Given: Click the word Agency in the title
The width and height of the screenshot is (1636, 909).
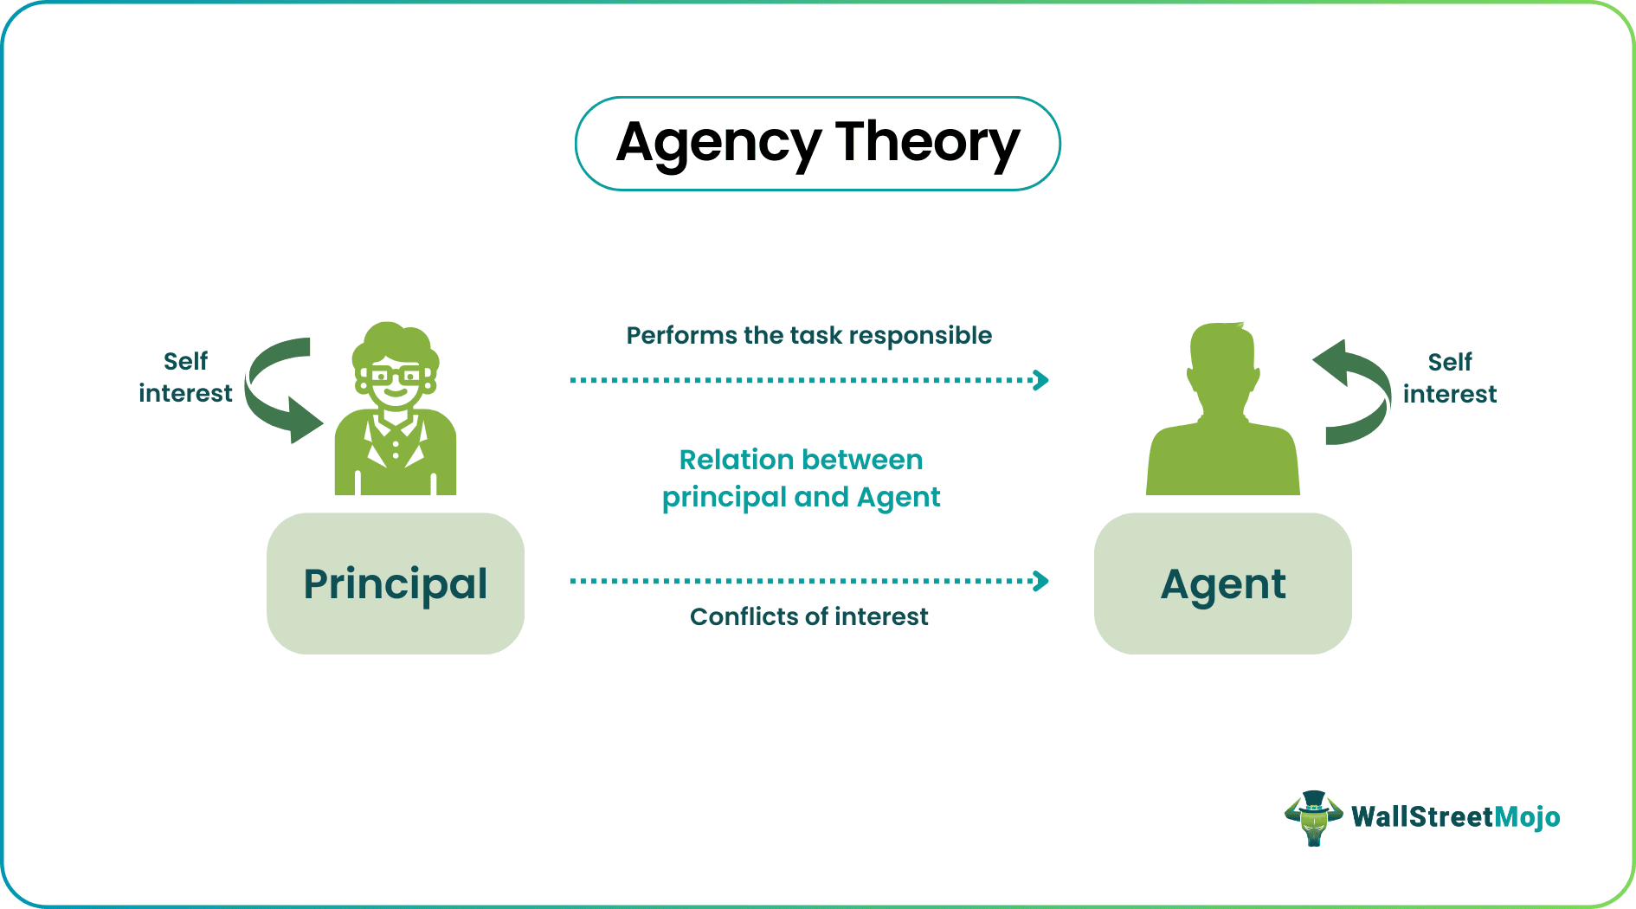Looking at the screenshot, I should point(718,143).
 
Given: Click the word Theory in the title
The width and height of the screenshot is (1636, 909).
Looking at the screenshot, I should point(927,143).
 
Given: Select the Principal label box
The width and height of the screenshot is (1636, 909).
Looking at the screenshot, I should point(396,583).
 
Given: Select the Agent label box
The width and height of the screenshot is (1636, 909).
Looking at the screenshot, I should point(1222,583).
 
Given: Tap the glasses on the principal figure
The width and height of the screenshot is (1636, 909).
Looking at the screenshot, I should point(395,377).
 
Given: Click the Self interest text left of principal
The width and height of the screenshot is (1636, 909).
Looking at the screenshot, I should point(185,377).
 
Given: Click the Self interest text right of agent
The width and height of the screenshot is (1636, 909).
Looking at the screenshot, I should point(1449,378).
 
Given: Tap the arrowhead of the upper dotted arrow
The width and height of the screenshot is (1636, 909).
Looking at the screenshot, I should point(1042,380).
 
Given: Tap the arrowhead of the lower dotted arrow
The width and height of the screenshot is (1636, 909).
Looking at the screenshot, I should point(1042,581).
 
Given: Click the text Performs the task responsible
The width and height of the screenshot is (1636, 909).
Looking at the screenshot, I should point(808,336).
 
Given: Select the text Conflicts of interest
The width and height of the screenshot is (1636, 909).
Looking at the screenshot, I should point(808,616).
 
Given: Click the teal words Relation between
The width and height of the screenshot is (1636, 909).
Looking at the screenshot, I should point(801,460).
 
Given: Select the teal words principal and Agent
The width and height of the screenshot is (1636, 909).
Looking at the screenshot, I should point(801,498).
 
